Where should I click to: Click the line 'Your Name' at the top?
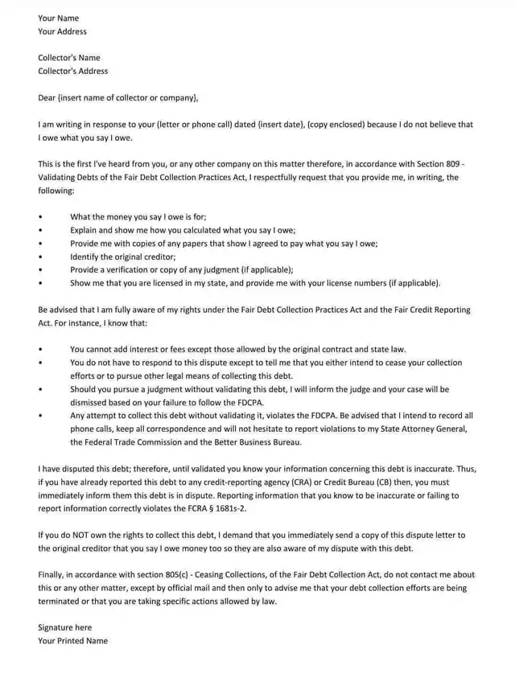pyautogui.click(x=58, y=18)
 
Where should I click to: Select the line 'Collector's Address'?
pyautogui.click(x=72, y=71)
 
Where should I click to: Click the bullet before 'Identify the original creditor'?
pyautogui.click(x=40, y=257)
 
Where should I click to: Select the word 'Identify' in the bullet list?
pyautogui.click(x=84, y=257)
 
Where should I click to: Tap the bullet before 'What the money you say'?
pyautogui.click(x=40, y=217)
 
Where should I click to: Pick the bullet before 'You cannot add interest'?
pyautogui.click(x=40, y=349)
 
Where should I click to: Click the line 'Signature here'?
pyautogui.click(x=64, y=627)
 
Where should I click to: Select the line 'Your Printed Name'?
pyautogui.click(x=72, y=641)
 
